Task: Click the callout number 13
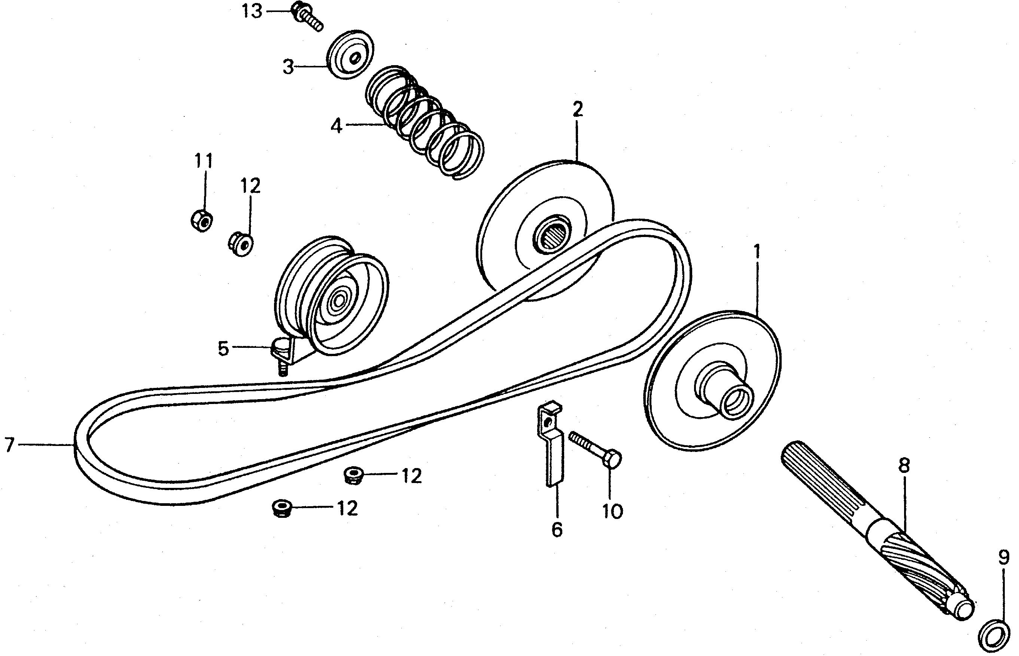[252, 11]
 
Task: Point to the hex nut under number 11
[202, 221]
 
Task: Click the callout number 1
[757, 252]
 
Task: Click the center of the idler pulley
[340, 301]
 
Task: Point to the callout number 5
[223, 349]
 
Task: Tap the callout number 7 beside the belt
[9, 444]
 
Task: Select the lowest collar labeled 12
[281, 508]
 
